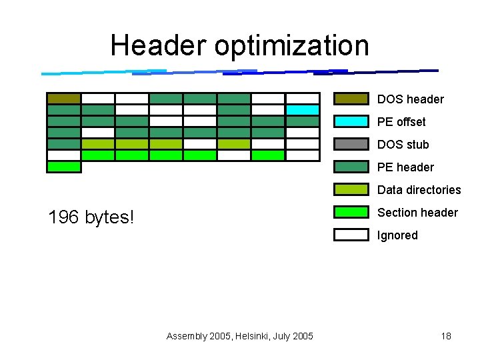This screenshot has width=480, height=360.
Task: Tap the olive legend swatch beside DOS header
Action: click(351, 99)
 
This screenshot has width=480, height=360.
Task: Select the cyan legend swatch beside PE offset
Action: click(351, 122)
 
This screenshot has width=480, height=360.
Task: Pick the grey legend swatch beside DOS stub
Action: click(351, 145)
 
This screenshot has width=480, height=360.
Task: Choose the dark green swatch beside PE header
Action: click(351, 167)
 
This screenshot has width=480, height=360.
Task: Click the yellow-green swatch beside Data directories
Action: click(351, 190)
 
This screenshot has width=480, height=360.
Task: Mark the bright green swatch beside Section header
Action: click(351, 213)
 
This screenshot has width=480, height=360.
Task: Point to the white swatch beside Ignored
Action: click(351, 235)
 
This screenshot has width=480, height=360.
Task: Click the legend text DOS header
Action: click(410, 99)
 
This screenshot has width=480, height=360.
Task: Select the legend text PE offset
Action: click(401, 122)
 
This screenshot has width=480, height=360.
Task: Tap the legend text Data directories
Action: click(419, 190)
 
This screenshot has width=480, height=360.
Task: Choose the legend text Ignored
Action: click(397, 235)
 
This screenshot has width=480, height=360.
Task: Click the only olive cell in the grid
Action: click(64, 99)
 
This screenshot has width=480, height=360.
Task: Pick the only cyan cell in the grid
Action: click(303, 110)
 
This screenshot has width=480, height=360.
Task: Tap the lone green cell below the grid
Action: click(64, 167)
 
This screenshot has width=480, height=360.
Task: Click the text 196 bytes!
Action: click(91, 217)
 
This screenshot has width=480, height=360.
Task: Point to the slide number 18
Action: click(446, 336)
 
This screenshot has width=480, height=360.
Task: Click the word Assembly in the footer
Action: click(186, 336)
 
